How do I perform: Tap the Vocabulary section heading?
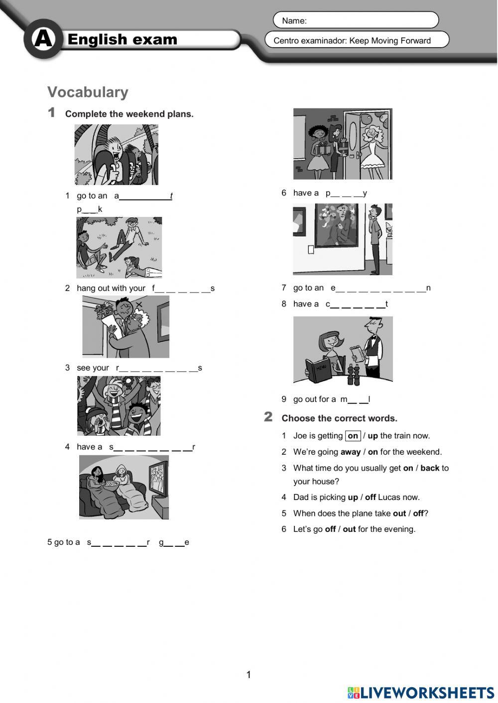pyautogui.click(x=88, y=92)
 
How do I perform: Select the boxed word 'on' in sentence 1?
pyautogui.click(x=353, y=436)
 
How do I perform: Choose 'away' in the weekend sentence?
pyautogui.click(x=350, y=452)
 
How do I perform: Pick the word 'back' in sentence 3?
pyautogui.click(x=429, y=468)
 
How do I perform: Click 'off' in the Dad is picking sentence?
pyautogui.click(x=370, y=497)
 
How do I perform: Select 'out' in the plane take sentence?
pyautogui.click(x=399, y=513)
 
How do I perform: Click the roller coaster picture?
pyautogui.click(x=117, y=155)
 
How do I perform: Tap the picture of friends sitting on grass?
pyautogui.click(x=119, y=247)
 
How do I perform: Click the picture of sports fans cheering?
pyautogui.click(x=119, y=405)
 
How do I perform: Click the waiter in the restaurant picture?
pyautogui.click(x=371, y=348)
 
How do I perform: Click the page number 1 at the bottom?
pyautogui.click(x=249, y=675)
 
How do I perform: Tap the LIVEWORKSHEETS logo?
pyautogui.click(x=421, y=692)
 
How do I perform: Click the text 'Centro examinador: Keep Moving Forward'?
pyautogui.click(x=352, y=41)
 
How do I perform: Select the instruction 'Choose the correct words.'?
pyautogui.click(x=339, y=418)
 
